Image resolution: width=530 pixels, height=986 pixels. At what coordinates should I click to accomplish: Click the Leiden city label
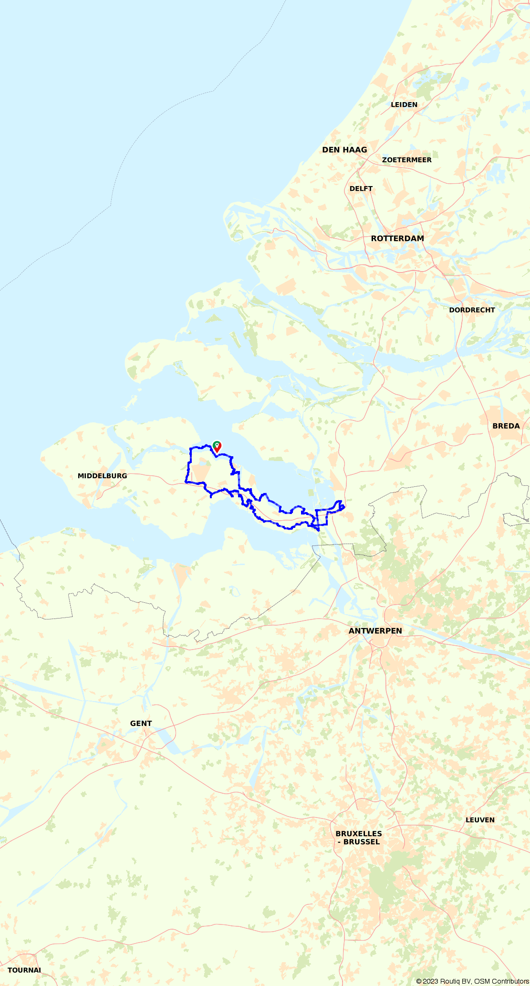(x=404, y=105)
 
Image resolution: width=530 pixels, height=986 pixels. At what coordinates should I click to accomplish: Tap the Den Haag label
(x=344, y=150)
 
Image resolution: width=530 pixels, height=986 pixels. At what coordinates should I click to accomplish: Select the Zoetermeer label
(x=406, y=160)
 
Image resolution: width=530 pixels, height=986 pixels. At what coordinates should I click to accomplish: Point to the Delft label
(x=361, y=189)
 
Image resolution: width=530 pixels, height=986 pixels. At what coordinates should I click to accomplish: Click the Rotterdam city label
(x=397, y=239)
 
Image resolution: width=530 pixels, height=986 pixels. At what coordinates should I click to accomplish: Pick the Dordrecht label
(x=472, y=310)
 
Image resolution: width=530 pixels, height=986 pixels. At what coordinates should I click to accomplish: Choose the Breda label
(x=506, y=426)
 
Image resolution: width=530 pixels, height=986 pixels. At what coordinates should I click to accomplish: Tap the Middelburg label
(x=102, y=476)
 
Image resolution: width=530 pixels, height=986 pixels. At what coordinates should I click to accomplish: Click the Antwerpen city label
(x=375, y=631)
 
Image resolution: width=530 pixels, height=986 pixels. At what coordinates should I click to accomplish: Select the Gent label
(x=141, y=724)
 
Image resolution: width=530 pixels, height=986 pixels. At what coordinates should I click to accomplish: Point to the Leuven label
(x=480, y=820)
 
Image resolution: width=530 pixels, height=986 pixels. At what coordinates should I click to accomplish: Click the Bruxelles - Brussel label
(x=359, y=838)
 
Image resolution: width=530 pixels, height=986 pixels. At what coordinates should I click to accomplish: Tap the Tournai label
(x=24, y=970)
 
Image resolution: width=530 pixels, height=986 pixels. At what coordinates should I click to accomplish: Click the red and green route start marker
(x=217, y=447)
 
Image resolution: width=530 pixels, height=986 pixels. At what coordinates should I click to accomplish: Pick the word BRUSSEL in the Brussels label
(x=362, y=842)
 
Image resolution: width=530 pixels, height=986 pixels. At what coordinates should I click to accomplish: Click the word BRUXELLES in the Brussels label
(x=359, y=833)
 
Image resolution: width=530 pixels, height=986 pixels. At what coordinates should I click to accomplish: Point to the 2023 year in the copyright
(x=431, y=981)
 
